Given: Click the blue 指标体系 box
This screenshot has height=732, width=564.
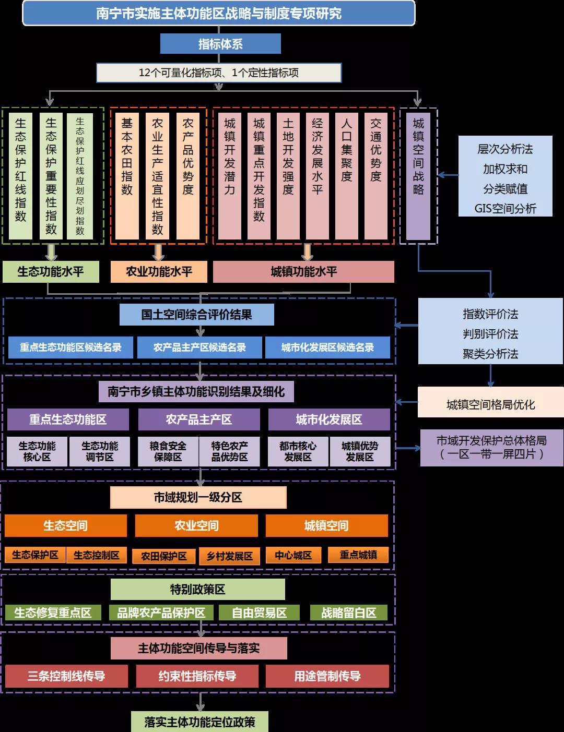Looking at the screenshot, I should [x=220, y=44].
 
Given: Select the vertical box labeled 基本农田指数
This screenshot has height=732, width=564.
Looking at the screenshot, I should [x=127, y=176].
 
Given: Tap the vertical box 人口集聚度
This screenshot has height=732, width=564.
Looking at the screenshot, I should [x=347, y=176].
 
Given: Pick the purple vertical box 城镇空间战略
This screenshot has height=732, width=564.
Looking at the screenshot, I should [x=418, y=176].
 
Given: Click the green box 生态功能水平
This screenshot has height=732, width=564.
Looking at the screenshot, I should [x=51, y=272].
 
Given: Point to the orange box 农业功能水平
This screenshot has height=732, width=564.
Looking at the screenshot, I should [x=159, y=272].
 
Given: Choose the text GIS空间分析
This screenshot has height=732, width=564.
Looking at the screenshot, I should [x=505, y=209].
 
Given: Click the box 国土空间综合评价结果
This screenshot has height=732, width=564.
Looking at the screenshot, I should [x=197, y=315].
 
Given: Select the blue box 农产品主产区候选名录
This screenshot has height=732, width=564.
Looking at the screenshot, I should [x=199, y=347].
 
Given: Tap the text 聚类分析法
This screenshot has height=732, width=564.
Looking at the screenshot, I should [x=490, y=354].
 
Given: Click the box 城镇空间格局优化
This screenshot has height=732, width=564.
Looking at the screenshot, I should [x=490, y=404].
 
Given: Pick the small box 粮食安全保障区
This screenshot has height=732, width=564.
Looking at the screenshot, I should [x=168, y=451].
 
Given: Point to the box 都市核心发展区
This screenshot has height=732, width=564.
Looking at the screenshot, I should [x=298, y=451].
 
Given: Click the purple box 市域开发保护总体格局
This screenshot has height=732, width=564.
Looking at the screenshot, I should [x=491, y=447].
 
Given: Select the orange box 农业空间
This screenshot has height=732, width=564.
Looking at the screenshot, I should [x=196, y=525].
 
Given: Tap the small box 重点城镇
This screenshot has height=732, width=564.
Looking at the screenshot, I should [x=358, y=555].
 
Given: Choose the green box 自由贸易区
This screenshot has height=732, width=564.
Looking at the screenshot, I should [x=259, y=613].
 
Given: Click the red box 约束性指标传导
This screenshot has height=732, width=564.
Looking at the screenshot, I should [x=197, y=676].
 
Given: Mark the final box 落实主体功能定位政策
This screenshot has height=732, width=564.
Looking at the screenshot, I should [x=199, y=722].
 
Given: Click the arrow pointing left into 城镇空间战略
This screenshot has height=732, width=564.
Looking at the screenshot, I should [x=447, y=175].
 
